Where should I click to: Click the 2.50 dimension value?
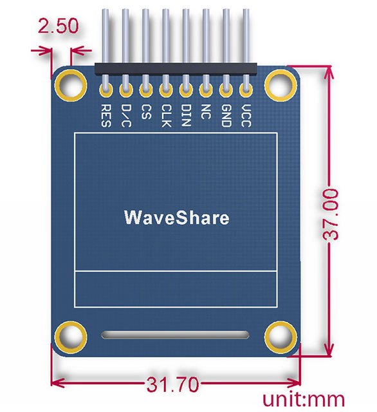(58, 28)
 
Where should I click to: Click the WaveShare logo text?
(176, 218)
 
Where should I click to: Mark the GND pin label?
(225, 115)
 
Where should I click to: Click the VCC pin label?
(245, 115)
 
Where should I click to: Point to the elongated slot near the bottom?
(175, 335)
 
